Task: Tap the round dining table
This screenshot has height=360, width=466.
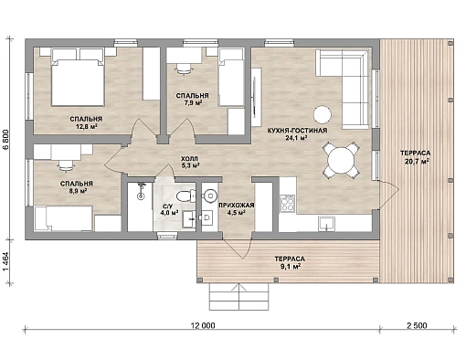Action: coord(341,160)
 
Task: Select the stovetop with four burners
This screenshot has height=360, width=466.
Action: coord(288,204)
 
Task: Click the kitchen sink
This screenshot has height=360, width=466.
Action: coord(326,224)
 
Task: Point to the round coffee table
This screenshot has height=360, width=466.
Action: coord(323,115)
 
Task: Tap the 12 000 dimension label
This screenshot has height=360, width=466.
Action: coord(203,325)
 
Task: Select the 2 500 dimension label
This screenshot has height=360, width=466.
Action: coord(417,325)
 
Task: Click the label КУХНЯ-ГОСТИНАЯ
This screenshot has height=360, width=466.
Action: coord(297,131)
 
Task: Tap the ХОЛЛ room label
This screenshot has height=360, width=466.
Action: coord(189,159)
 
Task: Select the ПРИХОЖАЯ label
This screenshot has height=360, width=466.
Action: coord(237,206)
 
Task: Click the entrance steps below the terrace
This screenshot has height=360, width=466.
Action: coord(238,297)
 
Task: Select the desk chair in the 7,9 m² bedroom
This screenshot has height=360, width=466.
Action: coord(185,69)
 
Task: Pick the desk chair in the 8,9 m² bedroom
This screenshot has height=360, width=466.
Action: coord(67,165)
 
